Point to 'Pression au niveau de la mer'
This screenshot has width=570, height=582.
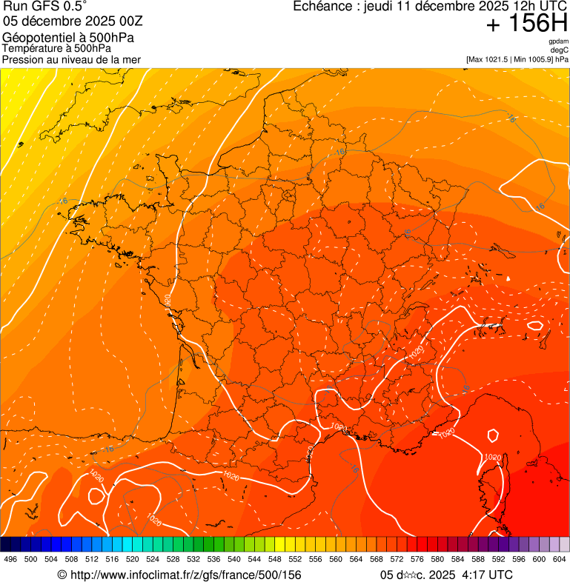71,59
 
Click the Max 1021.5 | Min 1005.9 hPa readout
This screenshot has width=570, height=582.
517,59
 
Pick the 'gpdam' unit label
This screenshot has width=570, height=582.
558,41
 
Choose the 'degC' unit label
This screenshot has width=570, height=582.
560,50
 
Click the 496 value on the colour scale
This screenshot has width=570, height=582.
10,560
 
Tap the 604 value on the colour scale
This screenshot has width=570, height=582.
559,560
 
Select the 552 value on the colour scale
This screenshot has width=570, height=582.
294,560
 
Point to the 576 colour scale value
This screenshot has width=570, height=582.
417,560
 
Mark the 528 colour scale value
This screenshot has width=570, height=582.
173,560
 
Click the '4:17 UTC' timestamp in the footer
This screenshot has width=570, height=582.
486,575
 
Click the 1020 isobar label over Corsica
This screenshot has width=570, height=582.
493,458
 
